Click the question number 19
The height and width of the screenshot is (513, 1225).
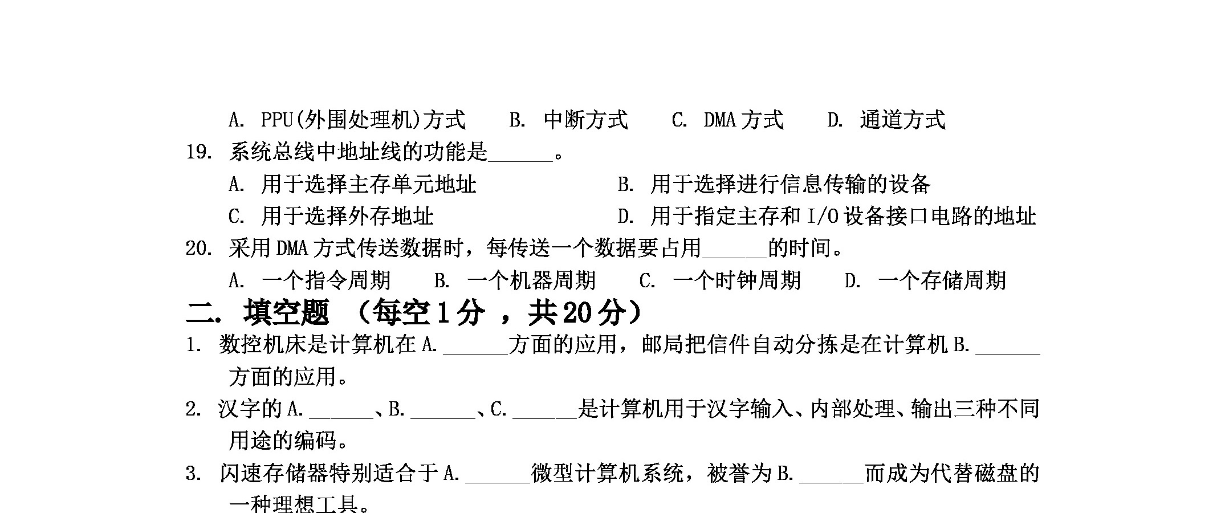[199, 152]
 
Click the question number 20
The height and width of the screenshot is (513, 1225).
[199, 249]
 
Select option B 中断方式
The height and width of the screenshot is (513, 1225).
[568, 120]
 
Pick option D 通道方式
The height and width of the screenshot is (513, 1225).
[886, 120]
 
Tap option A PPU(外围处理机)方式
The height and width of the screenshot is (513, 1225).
[347, 120]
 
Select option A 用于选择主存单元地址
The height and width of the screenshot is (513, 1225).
[352, 185]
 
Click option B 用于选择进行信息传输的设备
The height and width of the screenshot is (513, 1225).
[774, 185]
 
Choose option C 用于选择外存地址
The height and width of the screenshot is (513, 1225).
[331, 217]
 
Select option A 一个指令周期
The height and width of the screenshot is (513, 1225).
[310, 280]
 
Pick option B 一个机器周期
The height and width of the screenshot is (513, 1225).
[515, 280]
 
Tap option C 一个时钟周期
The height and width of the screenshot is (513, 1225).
[720, 280]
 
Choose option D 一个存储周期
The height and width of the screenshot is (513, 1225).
[925, 280]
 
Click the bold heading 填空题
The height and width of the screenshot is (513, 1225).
[286, 312]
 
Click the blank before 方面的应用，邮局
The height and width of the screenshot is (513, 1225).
[475, 354]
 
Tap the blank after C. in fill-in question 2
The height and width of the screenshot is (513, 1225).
[545, 418]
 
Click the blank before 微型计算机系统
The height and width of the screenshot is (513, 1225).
[498, 482]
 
